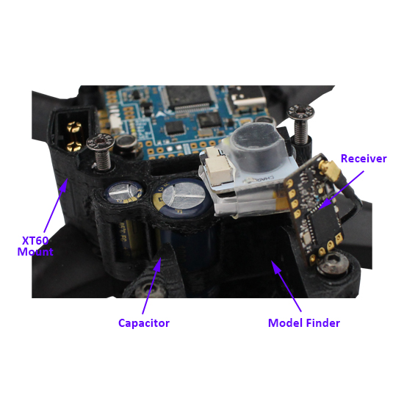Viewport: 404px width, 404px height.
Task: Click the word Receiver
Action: [x=363, y=159]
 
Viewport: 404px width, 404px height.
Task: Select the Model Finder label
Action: [x=303, y=322]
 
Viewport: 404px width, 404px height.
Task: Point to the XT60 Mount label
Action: [x=35, y=245]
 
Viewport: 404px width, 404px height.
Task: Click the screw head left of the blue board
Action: [x=99, y=142]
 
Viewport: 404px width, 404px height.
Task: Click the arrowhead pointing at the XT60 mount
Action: [x=63, y=183]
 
